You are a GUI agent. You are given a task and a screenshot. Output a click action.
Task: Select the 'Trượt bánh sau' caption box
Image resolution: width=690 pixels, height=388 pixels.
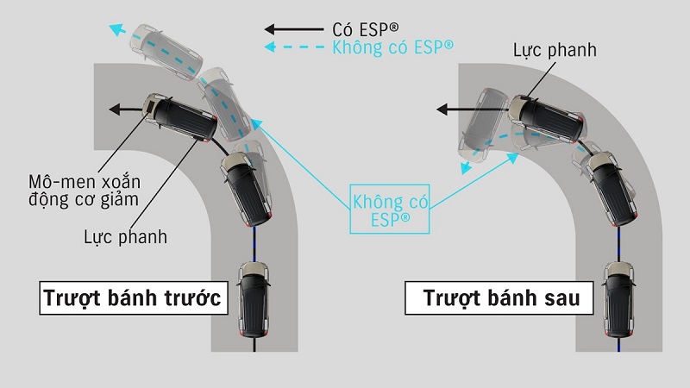[x=494, y=299]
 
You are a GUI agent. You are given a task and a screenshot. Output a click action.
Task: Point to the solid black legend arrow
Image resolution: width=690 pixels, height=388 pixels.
[x=292, y=28]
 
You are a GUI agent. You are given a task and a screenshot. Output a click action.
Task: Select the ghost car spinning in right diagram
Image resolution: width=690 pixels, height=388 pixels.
[x=483, y=129]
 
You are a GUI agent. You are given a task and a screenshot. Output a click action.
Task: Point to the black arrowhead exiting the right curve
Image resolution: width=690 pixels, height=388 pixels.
[x=441, y=110]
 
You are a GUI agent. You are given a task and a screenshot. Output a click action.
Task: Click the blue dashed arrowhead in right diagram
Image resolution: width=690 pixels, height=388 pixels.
[x=467, y=170]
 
